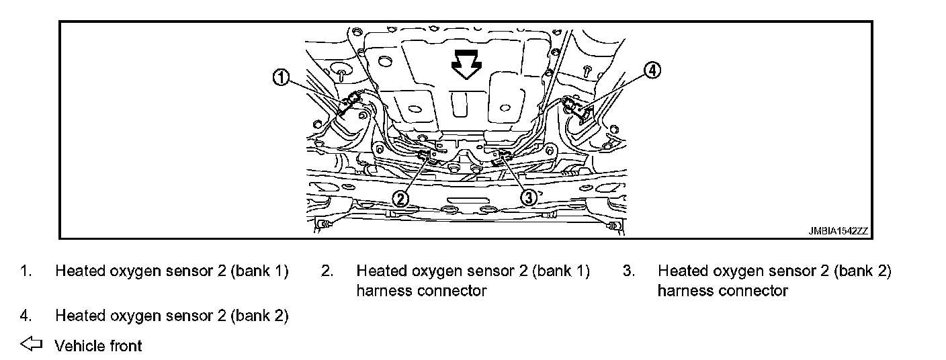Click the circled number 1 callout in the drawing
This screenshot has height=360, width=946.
(281, 78)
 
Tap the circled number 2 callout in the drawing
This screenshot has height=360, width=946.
(401, 197)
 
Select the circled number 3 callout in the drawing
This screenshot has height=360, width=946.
(529, 197)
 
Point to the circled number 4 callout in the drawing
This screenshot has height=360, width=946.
(652, 70)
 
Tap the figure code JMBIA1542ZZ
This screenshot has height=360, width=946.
(838, 231)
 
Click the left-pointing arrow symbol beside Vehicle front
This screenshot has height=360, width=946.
(31, 345)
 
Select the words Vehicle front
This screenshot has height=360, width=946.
(99, 346)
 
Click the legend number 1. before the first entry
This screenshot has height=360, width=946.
(26, 271)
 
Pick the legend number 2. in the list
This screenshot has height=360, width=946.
(327, 271)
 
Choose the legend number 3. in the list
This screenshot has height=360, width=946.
(628, 271)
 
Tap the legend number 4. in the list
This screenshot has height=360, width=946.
(26, 315)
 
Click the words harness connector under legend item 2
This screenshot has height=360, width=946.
(421, 291)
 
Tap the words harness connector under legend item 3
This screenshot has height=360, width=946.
(722, 291)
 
